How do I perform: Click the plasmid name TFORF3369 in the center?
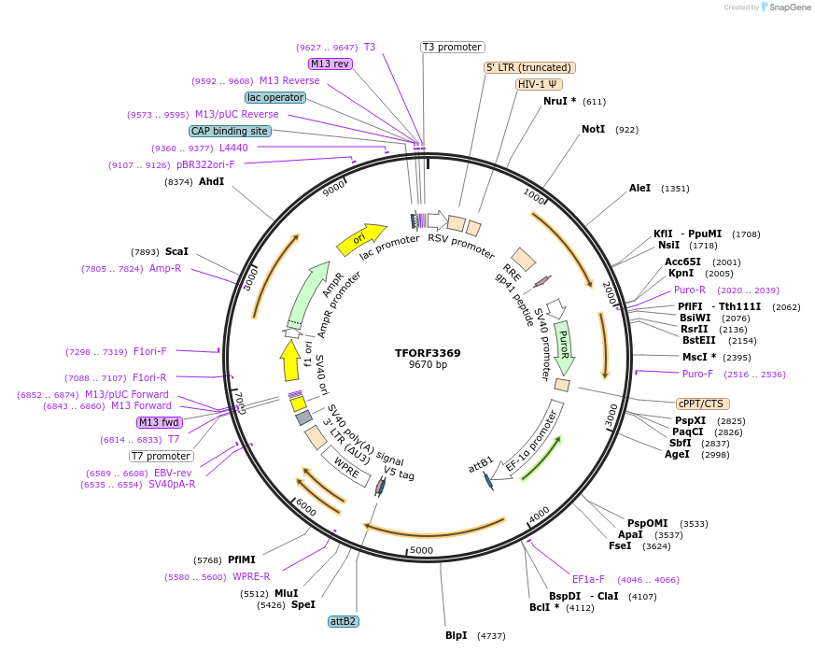pyautogui.click(x=428, y=353)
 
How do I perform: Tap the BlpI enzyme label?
pyautogui.click(x=456, y=636)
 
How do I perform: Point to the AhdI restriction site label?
pyautogui.click(x=211, y=181)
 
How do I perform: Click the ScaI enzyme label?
pyautogui.click(x=176, y=251)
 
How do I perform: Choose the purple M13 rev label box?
pyautogui.click(x=330, y=64)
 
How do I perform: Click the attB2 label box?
pyautogui.click(x=344, y=621)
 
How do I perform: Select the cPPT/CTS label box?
pyautogui.click(x=701, y=403)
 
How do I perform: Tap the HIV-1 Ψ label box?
pyautogui.click(x=539, y=84)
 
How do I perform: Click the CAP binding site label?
pyautogui.click(x=230, y=132)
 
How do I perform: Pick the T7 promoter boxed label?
pyautogui.click(x=161, y=457)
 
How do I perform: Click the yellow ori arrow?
pyautogui.click(x=361, y=239)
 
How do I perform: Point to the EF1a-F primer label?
pyautogui.click(x=588, y=579)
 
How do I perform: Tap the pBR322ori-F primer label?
pyautogui.click(x=205, y=165)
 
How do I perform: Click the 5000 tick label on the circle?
pyautogui.click(x=422, y=550)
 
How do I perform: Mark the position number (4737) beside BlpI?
pyautogui.click(x=491, y=636)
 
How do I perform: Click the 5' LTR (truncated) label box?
pyautogui.click(x=529, y=67)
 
